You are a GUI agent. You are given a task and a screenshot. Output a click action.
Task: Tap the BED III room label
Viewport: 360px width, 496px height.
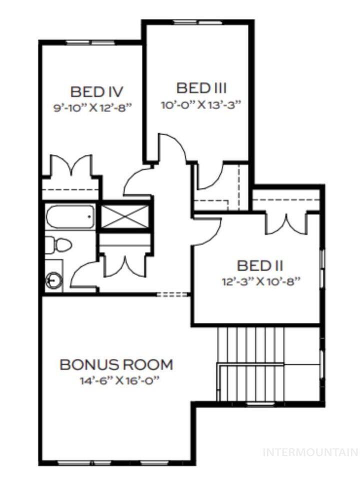(201, 88)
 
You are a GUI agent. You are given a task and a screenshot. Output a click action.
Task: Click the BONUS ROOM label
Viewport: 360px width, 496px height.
(116, 364)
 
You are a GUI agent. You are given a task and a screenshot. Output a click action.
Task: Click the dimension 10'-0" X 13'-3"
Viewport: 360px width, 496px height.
(201, 104)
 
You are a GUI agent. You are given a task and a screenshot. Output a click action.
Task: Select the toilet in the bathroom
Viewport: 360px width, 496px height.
(58, 245)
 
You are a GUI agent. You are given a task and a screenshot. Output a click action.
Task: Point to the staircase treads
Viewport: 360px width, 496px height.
(250, 345)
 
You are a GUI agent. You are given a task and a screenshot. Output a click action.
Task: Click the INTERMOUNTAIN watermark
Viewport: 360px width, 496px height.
(310, 452)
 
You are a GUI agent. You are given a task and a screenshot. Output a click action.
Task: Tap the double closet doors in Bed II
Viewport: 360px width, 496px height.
(285, 223)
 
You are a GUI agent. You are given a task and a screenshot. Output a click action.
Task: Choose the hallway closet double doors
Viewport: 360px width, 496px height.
(123, 265)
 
